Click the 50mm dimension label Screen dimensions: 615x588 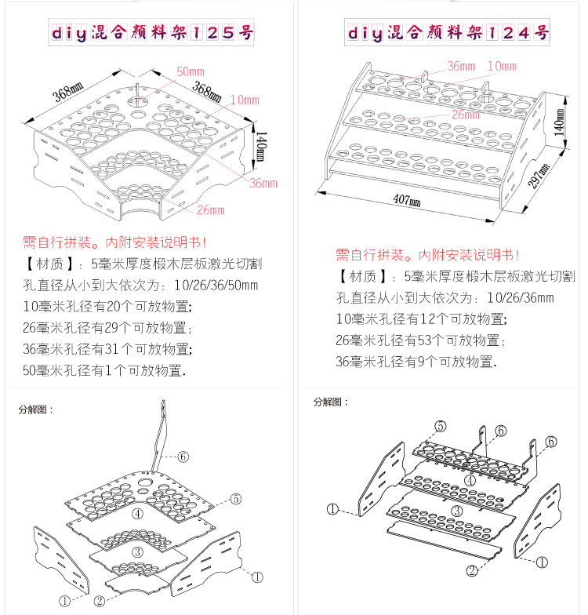pos(191,71)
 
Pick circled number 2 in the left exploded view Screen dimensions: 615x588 pos(100,602)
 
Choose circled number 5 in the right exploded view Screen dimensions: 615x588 pos(441,426)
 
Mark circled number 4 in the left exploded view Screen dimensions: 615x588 pos(137,514)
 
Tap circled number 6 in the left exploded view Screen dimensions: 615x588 pos(183,456)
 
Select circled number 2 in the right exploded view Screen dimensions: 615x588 pos(471,571)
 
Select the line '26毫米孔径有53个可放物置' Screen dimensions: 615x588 pos(419,340)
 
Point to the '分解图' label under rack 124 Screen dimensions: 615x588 pos(331,402)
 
